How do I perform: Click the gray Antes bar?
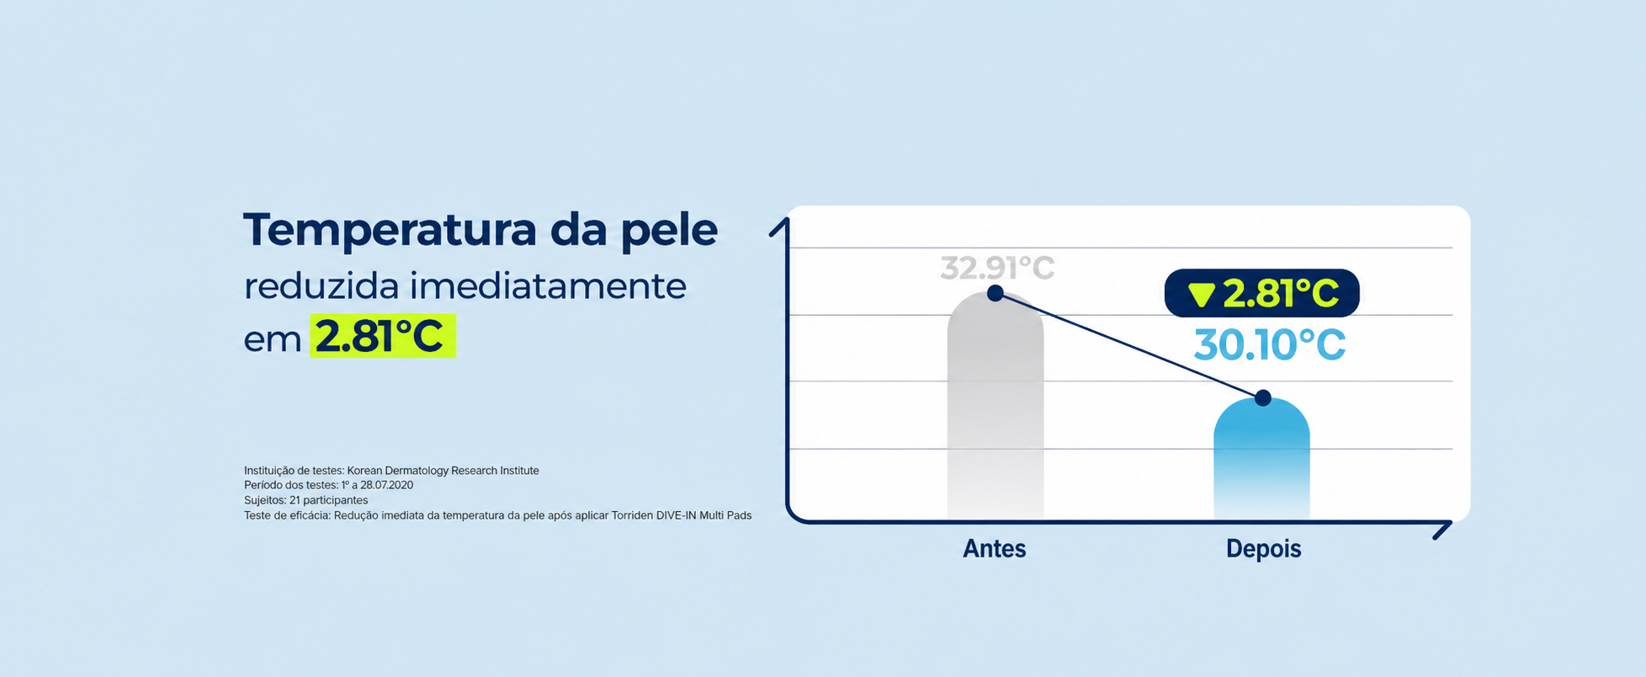[996, 406]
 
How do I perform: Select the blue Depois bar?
[1261, 459]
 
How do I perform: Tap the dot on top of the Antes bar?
[996, 293]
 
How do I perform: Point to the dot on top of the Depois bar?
[1262, 398]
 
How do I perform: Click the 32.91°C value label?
[997, 269]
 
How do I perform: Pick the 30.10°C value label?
[1270, 345]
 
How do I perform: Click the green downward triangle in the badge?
[1202, 295]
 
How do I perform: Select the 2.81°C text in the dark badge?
[1281, 294]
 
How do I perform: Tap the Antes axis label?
[995, 549]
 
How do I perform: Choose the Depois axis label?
[1263, 549]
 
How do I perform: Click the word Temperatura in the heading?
[390, 231]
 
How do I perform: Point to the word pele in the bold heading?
[669, 231]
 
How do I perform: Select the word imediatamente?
[548, 286]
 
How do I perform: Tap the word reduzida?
[321, 286]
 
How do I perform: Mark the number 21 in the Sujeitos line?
[295, 500]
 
